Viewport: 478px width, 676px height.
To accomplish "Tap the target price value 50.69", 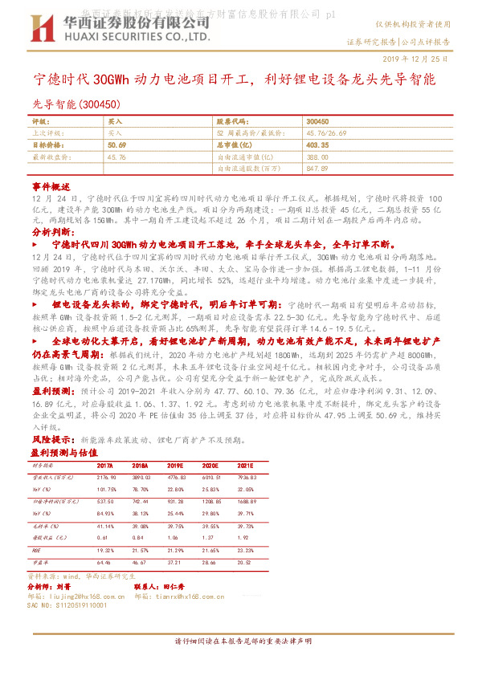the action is (116, 145).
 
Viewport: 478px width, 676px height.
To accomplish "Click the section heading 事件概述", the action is (51, 185).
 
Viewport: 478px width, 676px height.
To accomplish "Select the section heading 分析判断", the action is (51, 230).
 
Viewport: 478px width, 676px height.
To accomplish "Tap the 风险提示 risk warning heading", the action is (51, 439).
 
